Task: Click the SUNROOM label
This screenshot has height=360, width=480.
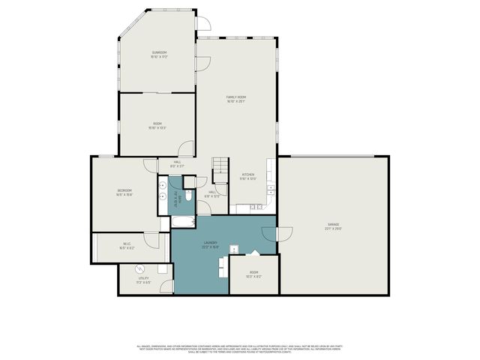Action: (158, 54)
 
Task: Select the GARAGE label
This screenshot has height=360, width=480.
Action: (334, 225)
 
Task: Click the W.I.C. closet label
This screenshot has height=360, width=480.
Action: (127, 245)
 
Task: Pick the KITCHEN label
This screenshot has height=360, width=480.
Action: (248, 176)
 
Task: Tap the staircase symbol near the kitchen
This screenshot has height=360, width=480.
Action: (220, 169)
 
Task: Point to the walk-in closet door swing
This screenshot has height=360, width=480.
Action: (153, 241)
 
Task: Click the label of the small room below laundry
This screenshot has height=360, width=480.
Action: (253, 274)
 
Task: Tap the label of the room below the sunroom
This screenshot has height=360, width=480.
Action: (158, 126)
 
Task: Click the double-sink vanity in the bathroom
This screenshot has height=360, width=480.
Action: (163, 193)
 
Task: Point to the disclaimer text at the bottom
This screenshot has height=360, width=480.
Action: (239, 348)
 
